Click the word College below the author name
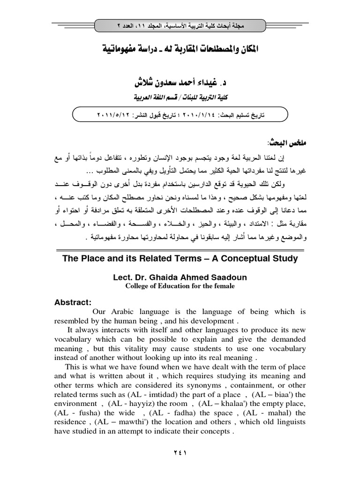(x=138, y=286)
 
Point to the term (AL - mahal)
(x=266, y=413)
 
